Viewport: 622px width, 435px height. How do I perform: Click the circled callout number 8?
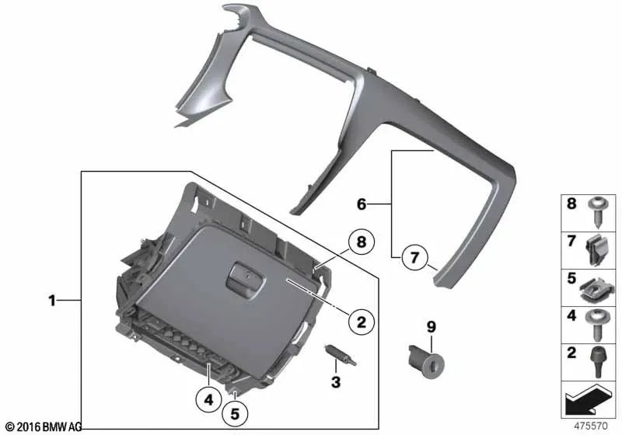pyautogui.click(x=361, y=242)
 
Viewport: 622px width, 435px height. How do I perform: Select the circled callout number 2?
pyautogui.click(x=361, y=322)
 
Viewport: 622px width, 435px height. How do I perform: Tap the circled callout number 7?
pyautogui.click(x=414, y=258)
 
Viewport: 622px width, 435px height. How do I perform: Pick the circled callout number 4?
pyautogui.click(x=208, y=399)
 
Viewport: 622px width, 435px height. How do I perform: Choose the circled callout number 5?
pyautogui.click(x=235, y=414)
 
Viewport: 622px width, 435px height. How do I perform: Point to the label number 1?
pyautogui.click(x=52, y=301)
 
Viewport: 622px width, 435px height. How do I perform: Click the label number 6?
pyautogui.click(x=362, y=204)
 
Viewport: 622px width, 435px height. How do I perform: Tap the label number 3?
pyautogui.click(x=336, y=382)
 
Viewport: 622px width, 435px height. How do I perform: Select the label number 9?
pyautogui.click(x=432, y=327)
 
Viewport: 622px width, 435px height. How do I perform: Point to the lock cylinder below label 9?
pyautogui.click(x=426, y=360)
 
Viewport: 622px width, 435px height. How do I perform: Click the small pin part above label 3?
pyautogui.click(x=341, y=354)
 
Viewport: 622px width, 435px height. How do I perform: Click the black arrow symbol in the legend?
pyautogui.click(x=588, y=400)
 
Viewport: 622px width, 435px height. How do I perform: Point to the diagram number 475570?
pyautogui.click(x=591, y=426)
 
